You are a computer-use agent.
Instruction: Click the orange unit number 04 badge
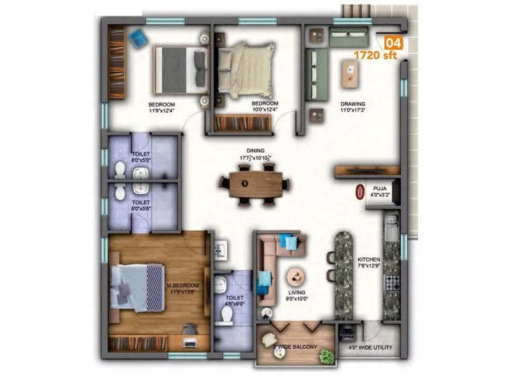(x=394, y=43)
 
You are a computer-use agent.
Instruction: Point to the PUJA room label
(x=380, y=188)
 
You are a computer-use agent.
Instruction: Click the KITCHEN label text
(x=368, y=260)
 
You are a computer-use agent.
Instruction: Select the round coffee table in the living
(x=295, y=276)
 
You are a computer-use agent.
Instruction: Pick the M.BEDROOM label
(x=183, y=285)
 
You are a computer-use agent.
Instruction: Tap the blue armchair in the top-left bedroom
(x=137, y=39)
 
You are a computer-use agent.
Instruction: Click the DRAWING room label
(x=352, y=104)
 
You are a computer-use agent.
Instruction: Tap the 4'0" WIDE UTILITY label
(x=370, y=348)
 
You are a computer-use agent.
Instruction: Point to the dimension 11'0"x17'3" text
(x=352, y=111)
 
